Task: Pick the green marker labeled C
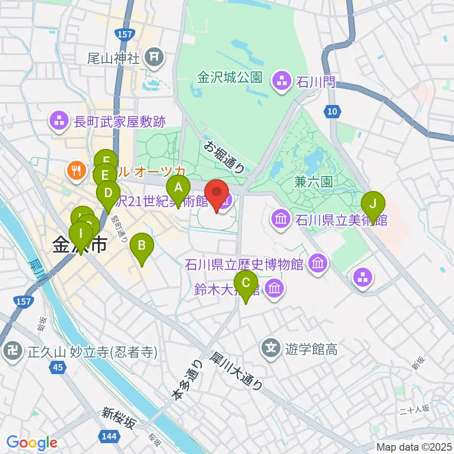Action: (x=246, y=283)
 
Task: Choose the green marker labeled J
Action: (x=373, y=204)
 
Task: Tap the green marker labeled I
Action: (x=81, y=234)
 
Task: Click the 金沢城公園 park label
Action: (x=230, y=77)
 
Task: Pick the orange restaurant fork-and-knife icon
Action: (x=76, y=169)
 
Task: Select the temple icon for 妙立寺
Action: (x=11, y=352)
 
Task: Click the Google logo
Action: (x=32, y=442)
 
